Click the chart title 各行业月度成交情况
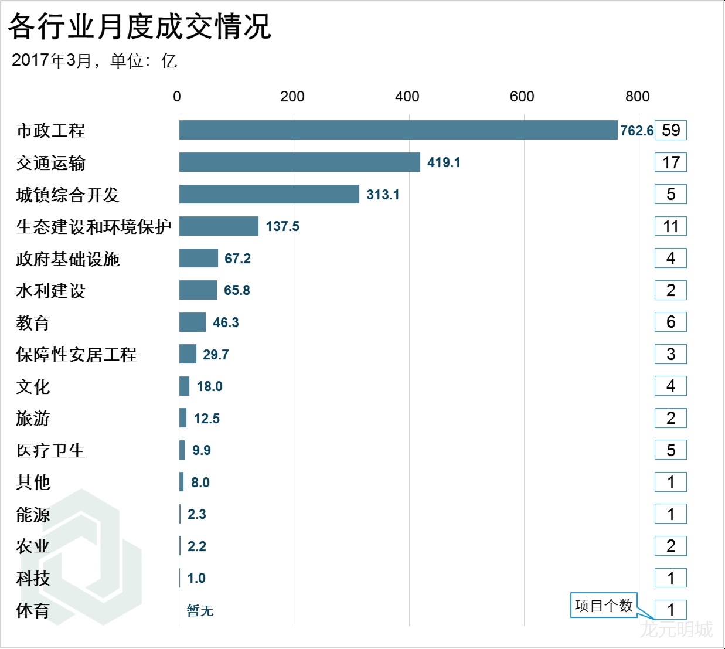click(139, 26)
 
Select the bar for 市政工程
click(398, 130)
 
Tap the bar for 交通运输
click(299, 162)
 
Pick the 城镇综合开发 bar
click(269, 194)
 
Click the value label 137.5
click(282, 226)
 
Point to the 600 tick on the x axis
click(522, 97)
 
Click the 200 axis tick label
click(292, 97)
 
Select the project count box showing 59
click(670, 130)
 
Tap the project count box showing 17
click(670, 162)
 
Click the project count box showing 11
click(670, 226)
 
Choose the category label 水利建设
click(51, 290)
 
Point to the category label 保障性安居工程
click(76, 354)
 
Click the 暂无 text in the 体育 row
click(200, 610)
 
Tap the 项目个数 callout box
click(604, 605)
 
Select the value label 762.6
click(636, 131)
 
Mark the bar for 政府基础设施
click(199, 258)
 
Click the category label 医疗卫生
click(51, 450)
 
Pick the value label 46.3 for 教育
click(226, 322)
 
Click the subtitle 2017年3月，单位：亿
click(94, 60)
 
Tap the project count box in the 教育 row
click(670, 322)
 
